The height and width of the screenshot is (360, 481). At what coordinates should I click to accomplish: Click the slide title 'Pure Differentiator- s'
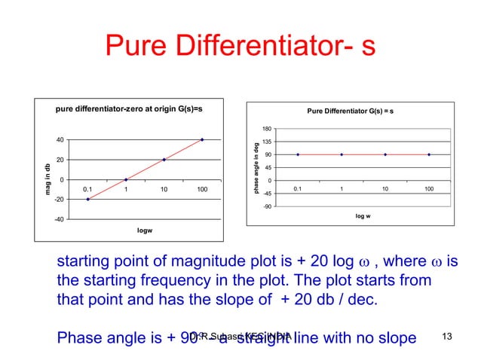[240, 47]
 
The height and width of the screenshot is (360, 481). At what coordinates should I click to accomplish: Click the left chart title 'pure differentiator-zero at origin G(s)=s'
[129, 110]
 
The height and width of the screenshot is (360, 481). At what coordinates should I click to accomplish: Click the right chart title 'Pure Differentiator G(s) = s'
[350, 111]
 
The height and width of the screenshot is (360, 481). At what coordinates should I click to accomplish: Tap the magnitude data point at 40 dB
[202, 139]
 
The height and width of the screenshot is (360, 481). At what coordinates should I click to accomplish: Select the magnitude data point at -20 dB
[87, 199]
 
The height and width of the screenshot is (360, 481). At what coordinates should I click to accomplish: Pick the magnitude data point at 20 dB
[164, 160]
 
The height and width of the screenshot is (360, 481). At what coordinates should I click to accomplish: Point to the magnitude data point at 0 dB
[126, 179]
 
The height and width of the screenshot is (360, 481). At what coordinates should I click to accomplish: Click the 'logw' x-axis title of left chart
[145, 230]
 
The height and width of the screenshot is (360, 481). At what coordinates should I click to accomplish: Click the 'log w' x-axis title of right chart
[363, 216]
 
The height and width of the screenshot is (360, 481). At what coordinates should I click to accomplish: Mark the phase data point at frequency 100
[429, 154]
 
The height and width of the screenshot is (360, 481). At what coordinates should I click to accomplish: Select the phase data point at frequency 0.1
[299, 154]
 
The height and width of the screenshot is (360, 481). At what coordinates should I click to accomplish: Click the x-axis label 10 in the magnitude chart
[164, 189]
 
